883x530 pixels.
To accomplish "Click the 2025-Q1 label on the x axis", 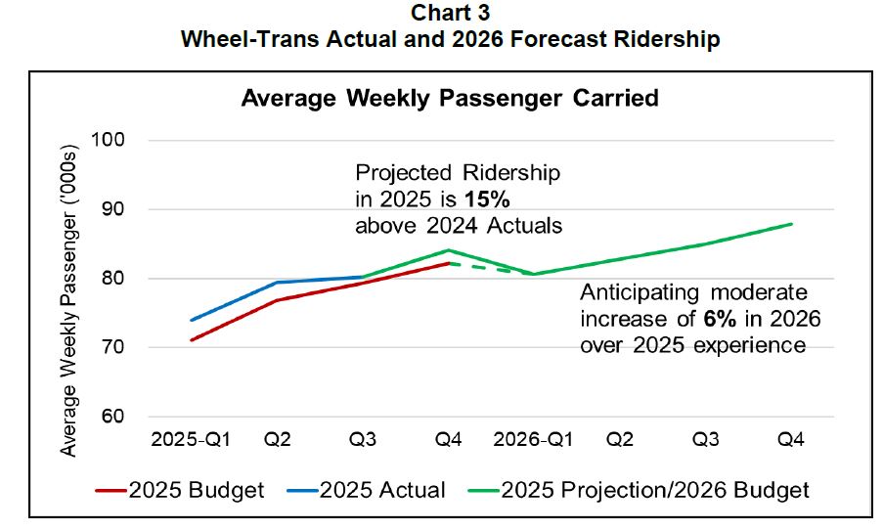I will (192, 441).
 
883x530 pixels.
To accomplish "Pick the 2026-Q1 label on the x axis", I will (533, 441).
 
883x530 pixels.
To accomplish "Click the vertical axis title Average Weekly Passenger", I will (69, 293).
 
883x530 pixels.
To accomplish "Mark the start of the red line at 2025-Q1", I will (192, 340).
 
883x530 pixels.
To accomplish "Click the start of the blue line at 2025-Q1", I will (192, 320).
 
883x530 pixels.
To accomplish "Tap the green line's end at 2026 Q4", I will (791, 224).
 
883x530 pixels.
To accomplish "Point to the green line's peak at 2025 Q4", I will (448, 250).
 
